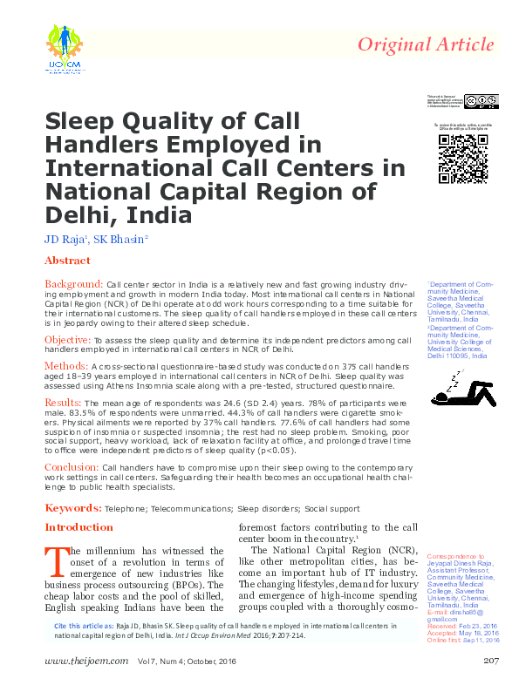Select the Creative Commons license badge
[x=481, y=102]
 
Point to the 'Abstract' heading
[x=67, y=261]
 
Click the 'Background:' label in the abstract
[x=74, y=284]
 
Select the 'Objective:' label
[x=68, y=338]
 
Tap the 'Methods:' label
[x=65, y=365]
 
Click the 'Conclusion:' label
[x=72, y=467]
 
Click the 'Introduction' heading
[x=79, y=527]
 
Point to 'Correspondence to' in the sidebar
[x=455, y=555]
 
